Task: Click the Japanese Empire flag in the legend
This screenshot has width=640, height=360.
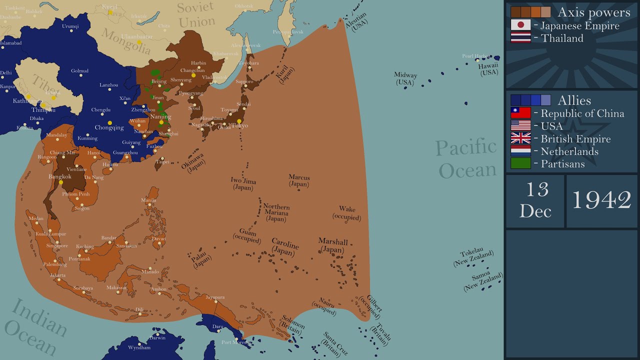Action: [520, 25]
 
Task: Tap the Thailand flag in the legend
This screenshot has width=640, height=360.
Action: [520, 38]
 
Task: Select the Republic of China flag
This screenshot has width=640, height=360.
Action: [520, 113]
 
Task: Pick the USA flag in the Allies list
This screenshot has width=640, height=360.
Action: [520, 125]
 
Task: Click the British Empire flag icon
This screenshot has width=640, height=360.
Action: [520, 138]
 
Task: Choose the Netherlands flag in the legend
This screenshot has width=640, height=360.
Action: [520, 151]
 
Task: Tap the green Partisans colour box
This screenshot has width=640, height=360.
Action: [520, 163]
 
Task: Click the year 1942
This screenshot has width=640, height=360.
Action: [601, 200]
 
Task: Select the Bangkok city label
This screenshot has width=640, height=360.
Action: [60, 176]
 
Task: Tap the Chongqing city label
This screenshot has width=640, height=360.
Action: [109, 127]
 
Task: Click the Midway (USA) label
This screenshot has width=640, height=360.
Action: [405, 78]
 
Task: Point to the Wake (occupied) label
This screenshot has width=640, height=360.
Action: [347, 213]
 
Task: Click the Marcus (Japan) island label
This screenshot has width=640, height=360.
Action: [299, 180]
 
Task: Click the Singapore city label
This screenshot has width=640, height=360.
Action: [57, 245]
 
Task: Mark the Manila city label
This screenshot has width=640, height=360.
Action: [148, 200]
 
